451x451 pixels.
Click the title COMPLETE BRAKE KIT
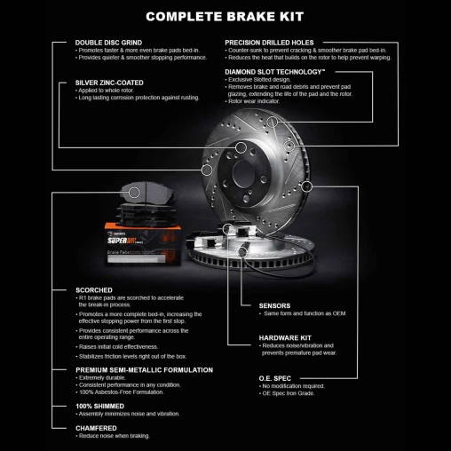225,16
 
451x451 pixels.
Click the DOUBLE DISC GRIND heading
108,43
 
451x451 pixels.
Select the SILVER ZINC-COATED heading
109,83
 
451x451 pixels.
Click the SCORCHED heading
94,289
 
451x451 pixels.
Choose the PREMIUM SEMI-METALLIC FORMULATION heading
144,369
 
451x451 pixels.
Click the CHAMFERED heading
97,428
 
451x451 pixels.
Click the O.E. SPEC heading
275,378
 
